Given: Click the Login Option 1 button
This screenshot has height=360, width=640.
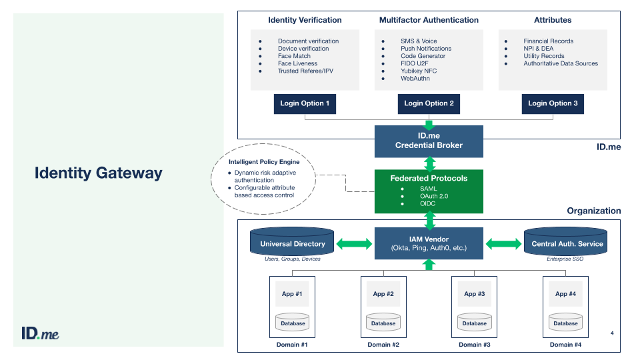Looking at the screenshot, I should click(305, 103).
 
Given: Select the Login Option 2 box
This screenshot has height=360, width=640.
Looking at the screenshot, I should click(429, 103).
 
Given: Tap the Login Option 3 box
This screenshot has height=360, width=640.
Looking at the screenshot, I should click(553, 103).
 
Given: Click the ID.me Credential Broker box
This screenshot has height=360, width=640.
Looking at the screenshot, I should click(429, 141).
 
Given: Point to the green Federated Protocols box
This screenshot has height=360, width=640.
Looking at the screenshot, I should click(429, 191).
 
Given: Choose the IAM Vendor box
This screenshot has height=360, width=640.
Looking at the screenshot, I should click(429, 244).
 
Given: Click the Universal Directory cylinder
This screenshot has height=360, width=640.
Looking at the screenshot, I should click(292, 243).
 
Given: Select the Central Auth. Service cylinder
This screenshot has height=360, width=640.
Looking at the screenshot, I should click(567, 243).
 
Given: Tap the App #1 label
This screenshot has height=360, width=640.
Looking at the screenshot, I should click(292, 293).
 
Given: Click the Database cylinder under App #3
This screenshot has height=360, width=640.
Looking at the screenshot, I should click(474, 323).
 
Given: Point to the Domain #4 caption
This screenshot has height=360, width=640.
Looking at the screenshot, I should click(565, 345).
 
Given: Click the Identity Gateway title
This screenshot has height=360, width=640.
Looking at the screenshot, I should click(99, 173).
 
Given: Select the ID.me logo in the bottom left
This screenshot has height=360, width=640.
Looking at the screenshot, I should click(40, 333).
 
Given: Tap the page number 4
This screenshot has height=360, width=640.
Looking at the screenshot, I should click(612, 332).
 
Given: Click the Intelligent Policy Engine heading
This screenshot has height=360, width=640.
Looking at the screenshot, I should click(264, 162).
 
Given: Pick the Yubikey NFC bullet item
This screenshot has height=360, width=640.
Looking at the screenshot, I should click(419, 71).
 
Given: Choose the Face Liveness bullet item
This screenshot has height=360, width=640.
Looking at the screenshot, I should click(298, 63).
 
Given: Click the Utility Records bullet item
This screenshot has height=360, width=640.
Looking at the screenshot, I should click(543, 56).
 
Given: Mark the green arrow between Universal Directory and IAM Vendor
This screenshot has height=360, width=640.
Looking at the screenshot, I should click(354, 244).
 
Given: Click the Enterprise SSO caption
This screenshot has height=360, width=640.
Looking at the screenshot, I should click(565, 259).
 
